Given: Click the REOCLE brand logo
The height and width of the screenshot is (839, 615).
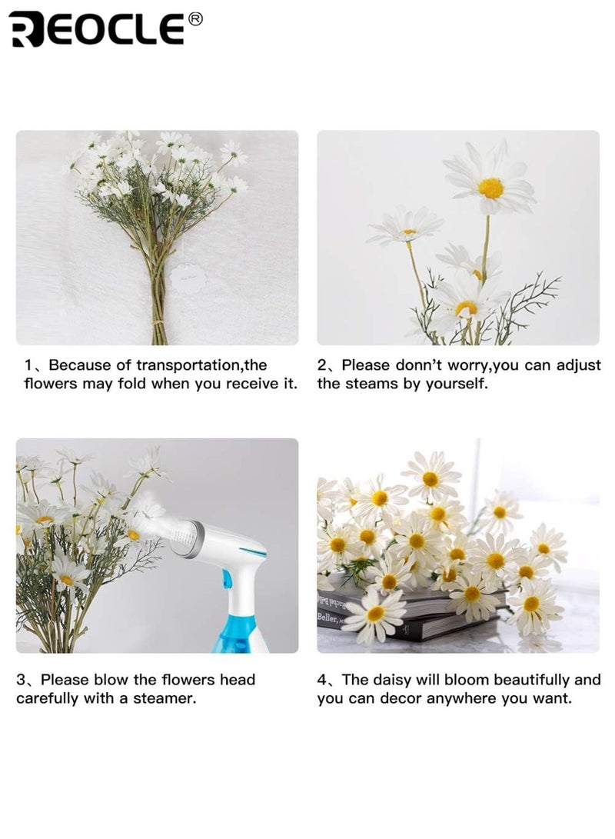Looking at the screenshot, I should (97, 30).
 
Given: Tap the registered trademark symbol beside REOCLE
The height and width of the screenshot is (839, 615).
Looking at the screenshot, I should (195, 20).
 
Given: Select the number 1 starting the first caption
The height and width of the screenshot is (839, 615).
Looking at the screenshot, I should (28, 365).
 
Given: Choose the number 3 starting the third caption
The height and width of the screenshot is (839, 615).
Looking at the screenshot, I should (22, 680).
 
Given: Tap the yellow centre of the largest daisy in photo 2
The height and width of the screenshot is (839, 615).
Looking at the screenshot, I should (490, 188).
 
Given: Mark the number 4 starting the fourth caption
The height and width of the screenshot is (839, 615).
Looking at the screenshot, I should (323, 680).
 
